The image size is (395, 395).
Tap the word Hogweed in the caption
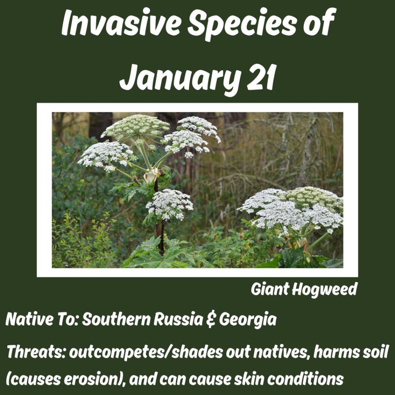coord(325,290)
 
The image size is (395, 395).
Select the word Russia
coord(178,319)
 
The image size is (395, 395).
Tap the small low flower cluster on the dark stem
coord(169,204)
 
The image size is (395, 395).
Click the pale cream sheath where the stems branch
coord(151,175)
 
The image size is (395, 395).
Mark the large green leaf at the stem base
coord(161,255)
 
